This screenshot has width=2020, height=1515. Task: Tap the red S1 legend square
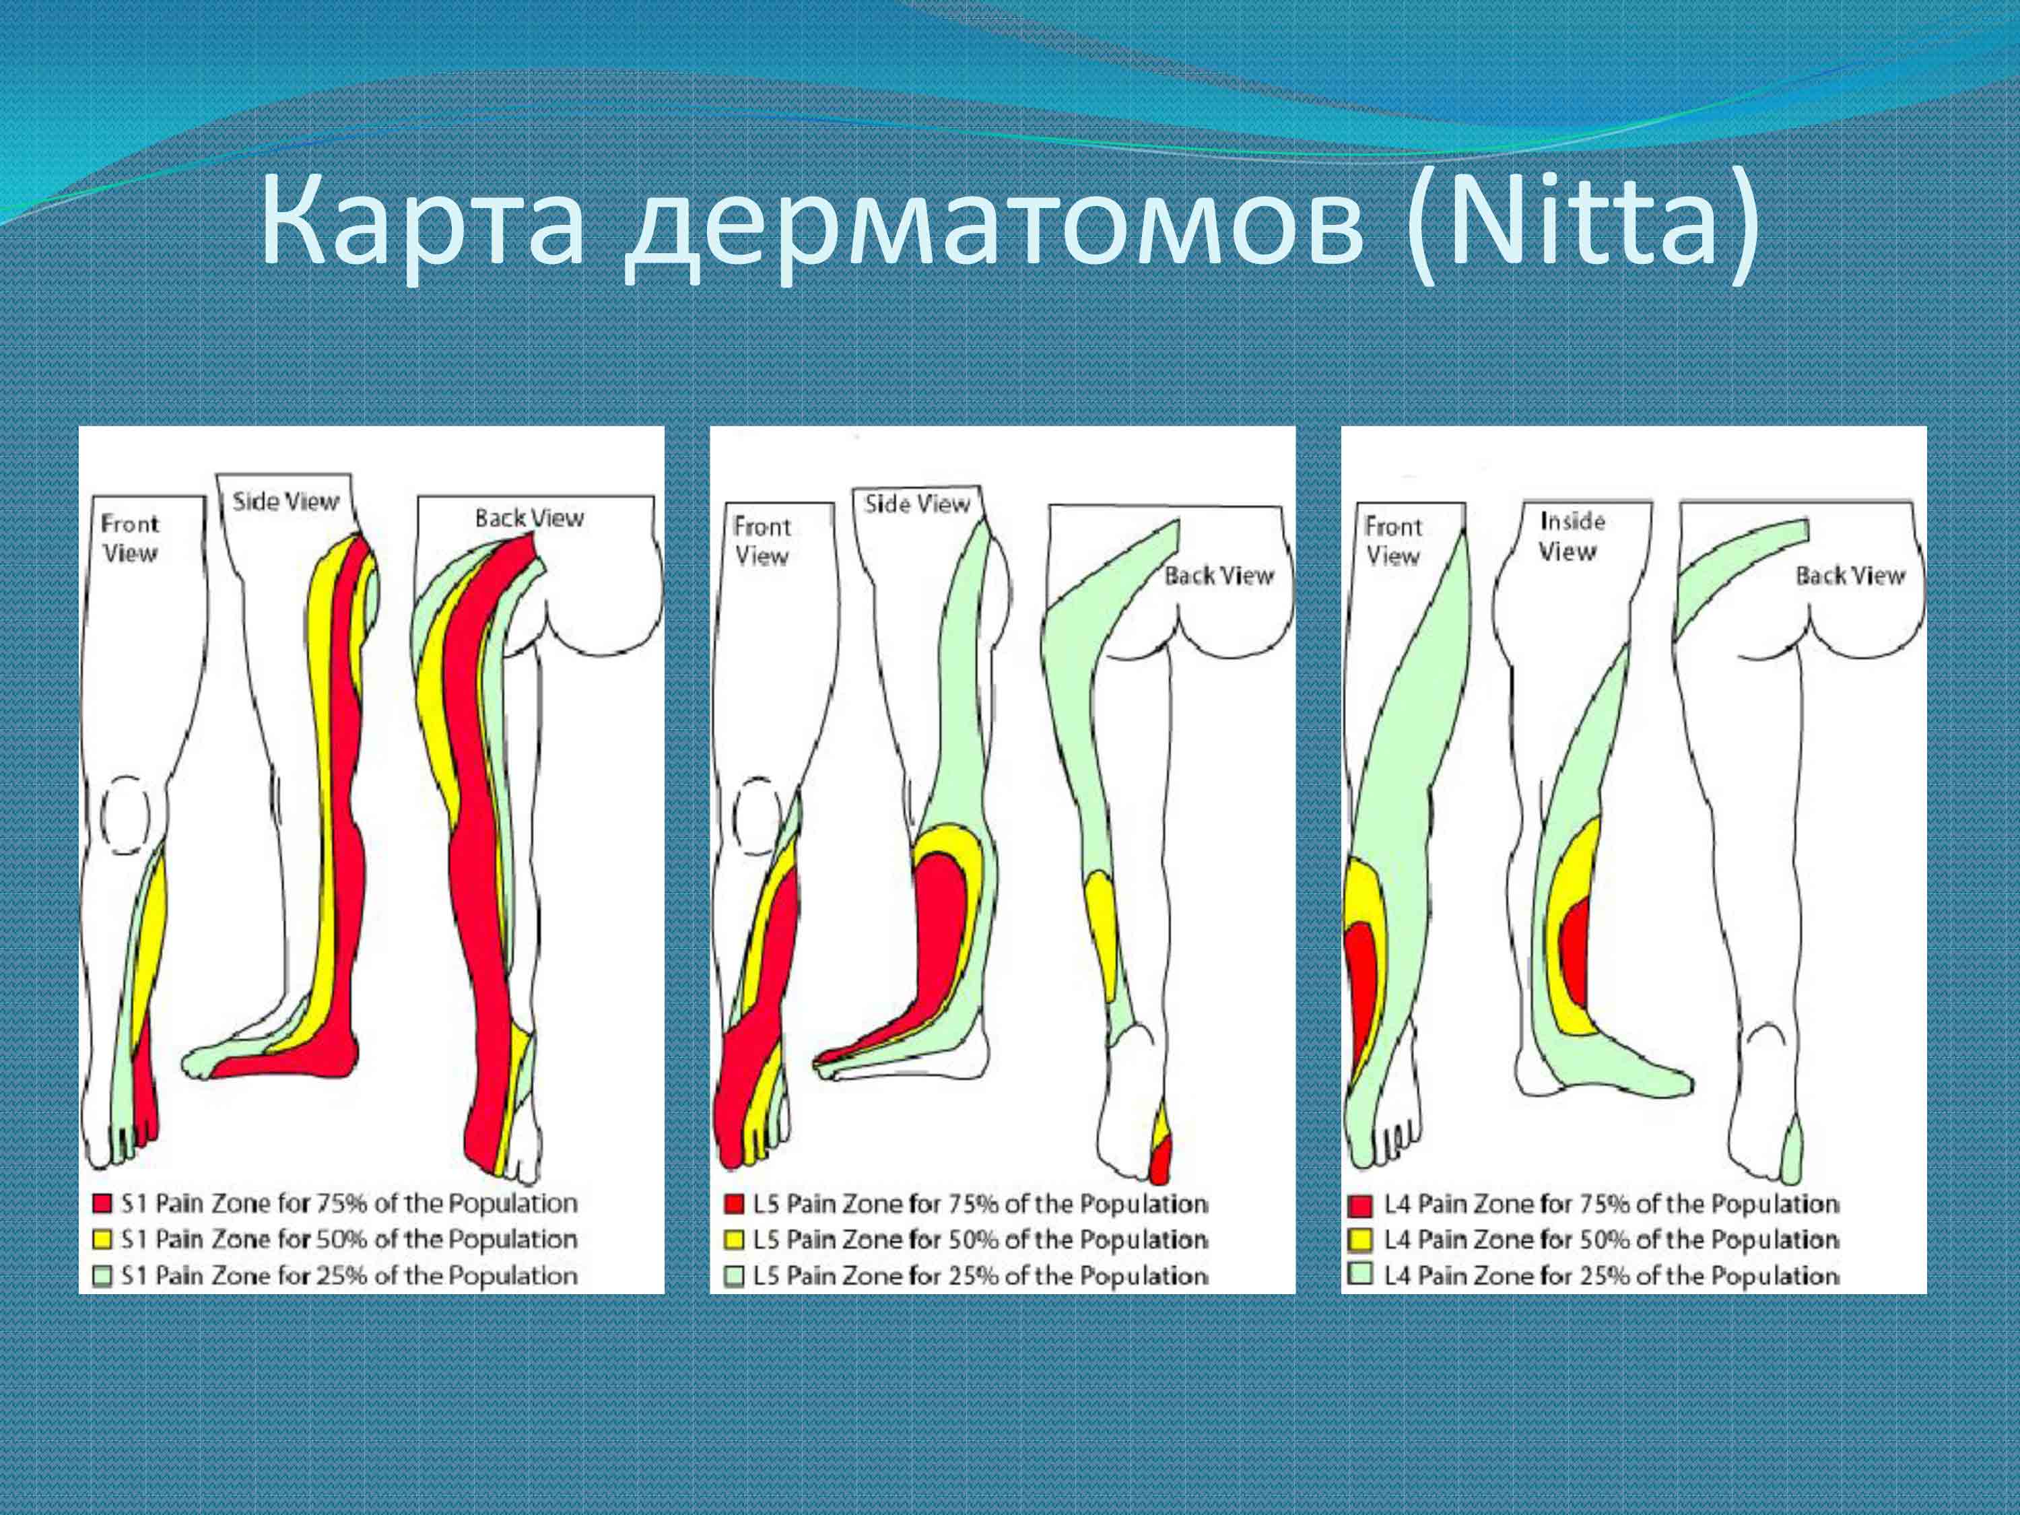(x=103, y=1204)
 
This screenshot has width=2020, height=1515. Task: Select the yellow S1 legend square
(x=103, y=1239)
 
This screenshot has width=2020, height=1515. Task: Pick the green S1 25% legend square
(x=103, y=1276)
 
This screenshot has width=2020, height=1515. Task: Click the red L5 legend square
(x=734, y=1205)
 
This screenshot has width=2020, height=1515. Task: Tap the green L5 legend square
(x=734, y=1276)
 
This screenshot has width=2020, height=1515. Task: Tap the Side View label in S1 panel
(x=285, y=502)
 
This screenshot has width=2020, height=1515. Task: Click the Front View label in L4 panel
(x=1392, y=541)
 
